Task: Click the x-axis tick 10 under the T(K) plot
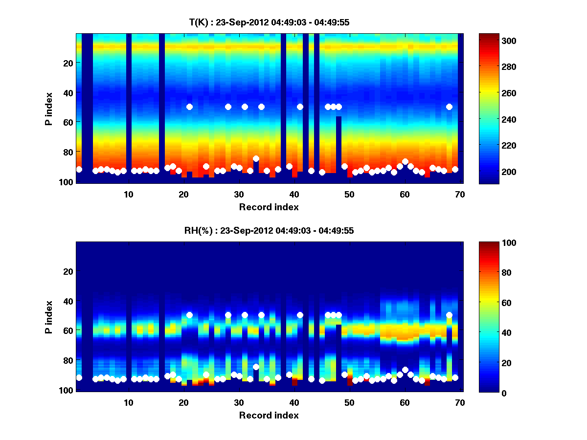pos(128,194)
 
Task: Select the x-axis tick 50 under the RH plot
pos(349,402)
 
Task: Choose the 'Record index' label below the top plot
pos(269,207)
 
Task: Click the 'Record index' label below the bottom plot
pos(269,415)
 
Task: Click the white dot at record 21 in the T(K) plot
pos(189,107)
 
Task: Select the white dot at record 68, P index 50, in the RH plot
pos(449,315)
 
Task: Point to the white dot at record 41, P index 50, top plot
pos(300,107)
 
